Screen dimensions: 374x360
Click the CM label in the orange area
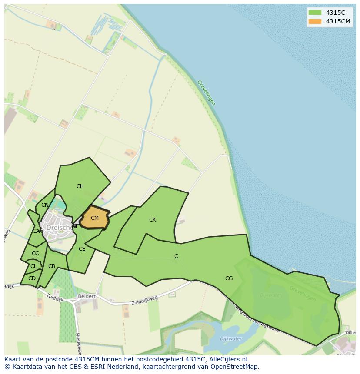(94, 218)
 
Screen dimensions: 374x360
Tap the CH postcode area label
(80, 186)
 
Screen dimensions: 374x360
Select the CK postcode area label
(152, 220)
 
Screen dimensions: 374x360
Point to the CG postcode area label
(229, 278)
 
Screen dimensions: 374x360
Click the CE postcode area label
(82, 249)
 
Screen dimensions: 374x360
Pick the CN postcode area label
(45, 205)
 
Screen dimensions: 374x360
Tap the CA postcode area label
(36, 231)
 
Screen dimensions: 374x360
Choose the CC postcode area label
(35, 253)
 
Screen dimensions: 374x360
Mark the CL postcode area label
(33, 266)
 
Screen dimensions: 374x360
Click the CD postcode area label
(32, 278)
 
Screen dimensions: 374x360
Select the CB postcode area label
(52, 266)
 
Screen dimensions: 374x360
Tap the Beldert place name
(86, 296)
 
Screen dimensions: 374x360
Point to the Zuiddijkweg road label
(144, 300)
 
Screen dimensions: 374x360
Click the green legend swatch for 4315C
(314, 13)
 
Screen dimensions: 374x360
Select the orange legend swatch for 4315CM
(314, 21)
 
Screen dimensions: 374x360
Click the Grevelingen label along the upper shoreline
(206, 93)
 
